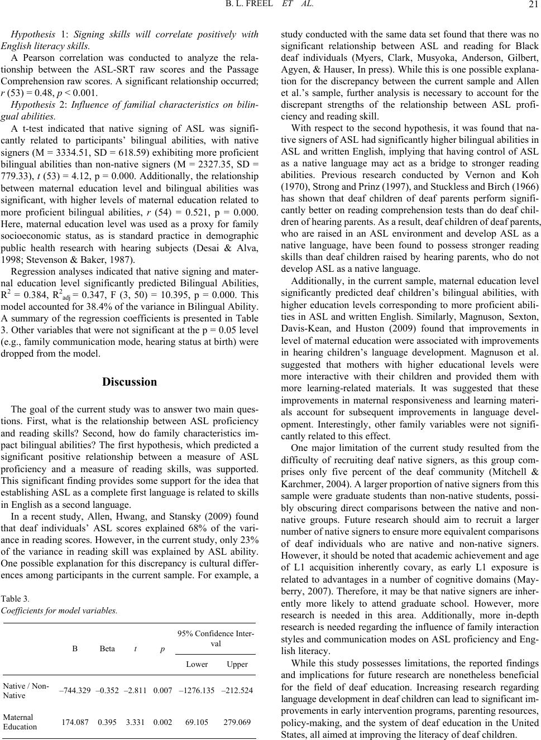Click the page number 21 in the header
(532, 7)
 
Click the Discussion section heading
(130, 382)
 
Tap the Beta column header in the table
(108, 648)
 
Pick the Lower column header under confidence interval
(197, 664)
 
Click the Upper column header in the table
(237, 664)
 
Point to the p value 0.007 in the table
(162, 691)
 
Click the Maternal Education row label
(20, 722)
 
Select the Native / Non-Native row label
(26, 691)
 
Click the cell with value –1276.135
(197, 691)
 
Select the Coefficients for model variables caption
(60, 611)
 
